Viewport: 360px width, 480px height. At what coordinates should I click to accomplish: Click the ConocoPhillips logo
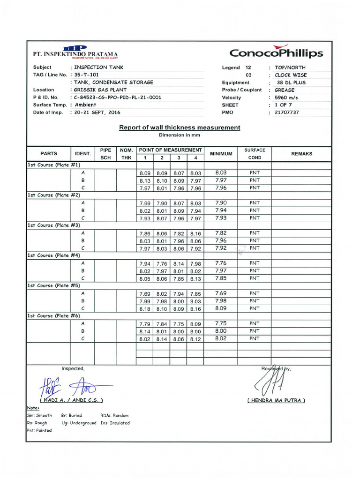(277, 52)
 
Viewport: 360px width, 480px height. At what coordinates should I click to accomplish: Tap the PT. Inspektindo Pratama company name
(75, 54)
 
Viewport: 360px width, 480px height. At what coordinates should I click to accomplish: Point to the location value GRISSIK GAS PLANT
(100, 90)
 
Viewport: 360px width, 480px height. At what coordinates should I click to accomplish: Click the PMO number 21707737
(287, 112)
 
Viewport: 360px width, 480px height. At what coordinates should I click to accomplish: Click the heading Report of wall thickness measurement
(180, 127)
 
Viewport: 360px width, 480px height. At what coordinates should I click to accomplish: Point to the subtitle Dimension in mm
(180, 135)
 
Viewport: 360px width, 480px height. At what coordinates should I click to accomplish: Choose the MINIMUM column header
(221, 154)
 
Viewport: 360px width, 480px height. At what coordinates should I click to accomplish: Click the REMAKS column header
(301, 154)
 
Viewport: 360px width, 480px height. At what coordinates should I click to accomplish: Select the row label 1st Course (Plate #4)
(53, 255)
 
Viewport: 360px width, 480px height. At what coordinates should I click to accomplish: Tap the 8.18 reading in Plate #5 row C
(144, 308)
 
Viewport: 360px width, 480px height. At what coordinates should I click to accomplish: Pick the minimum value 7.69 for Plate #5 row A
(221, 293)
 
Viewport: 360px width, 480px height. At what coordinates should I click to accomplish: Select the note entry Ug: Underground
(79, 423)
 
